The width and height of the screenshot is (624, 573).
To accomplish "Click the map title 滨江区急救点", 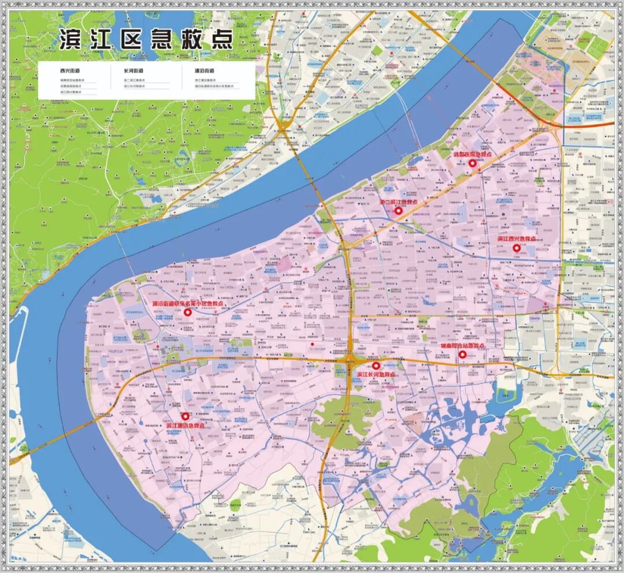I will pyautogui.click(x=146, y=39).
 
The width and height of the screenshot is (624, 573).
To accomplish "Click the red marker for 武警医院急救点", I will pyautogui.click(x=472, y=164).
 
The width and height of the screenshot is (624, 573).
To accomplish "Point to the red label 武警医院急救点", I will pyautogui.click(x=472, y=155).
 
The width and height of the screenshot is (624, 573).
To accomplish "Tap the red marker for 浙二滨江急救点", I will pyautogui.click(x=399, y=211).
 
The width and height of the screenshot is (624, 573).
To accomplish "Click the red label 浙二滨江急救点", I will pyautogui.click(x=399, y=203).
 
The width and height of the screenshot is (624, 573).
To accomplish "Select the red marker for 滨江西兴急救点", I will pyautogui.click(x=517, y=247).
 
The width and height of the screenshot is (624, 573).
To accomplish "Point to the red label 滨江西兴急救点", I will pyautogui.click(x=517, y=239).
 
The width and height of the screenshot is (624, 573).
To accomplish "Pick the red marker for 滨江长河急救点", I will pyautogui.click(x=376, y=365).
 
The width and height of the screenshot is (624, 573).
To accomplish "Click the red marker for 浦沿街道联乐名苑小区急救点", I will pyautogui.click(x=187, y=312).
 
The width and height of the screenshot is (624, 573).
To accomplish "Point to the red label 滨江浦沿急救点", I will pyautogui.click(x=185, y=426).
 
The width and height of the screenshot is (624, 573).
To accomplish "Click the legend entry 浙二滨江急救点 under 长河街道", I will pyautogui.click(x=135, y=80).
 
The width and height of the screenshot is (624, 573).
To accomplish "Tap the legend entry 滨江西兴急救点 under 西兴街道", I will pyautogui.click(x=71, y=93).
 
